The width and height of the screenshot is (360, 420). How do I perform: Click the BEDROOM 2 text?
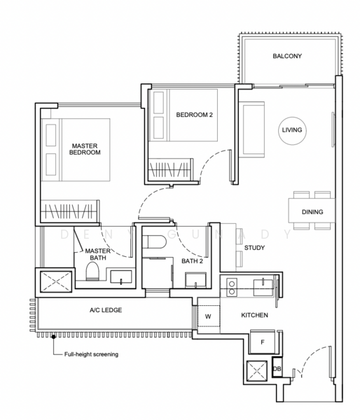pyautogui.click(x=194, y=115)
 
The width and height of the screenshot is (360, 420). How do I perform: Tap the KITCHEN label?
pyautogui.click(x=255, y=316)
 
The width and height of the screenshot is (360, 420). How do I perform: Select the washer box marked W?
pyautogui.click(x=208, y=316)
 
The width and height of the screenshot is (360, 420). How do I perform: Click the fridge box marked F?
pyautogui.click(x=262, y=343)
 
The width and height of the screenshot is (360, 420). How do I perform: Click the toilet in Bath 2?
pyautogui.click(x=155, y=243)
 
